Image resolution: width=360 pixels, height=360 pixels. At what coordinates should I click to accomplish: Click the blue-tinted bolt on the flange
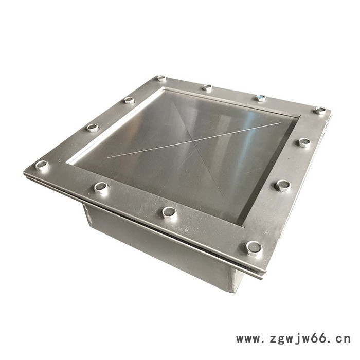point(260,98)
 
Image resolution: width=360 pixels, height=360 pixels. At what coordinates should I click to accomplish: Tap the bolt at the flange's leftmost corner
point(42,165)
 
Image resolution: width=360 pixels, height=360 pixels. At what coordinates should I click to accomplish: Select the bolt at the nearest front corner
point(253,248)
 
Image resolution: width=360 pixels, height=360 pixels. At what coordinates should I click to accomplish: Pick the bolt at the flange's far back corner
point(161,78)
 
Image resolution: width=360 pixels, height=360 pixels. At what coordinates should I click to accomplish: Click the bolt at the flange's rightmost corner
point(320,111)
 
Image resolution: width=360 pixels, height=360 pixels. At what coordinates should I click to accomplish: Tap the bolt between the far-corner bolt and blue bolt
point(207,87)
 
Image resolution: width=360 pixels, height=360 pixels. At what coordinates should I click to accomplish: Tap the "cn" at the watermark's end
point(343,338)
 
